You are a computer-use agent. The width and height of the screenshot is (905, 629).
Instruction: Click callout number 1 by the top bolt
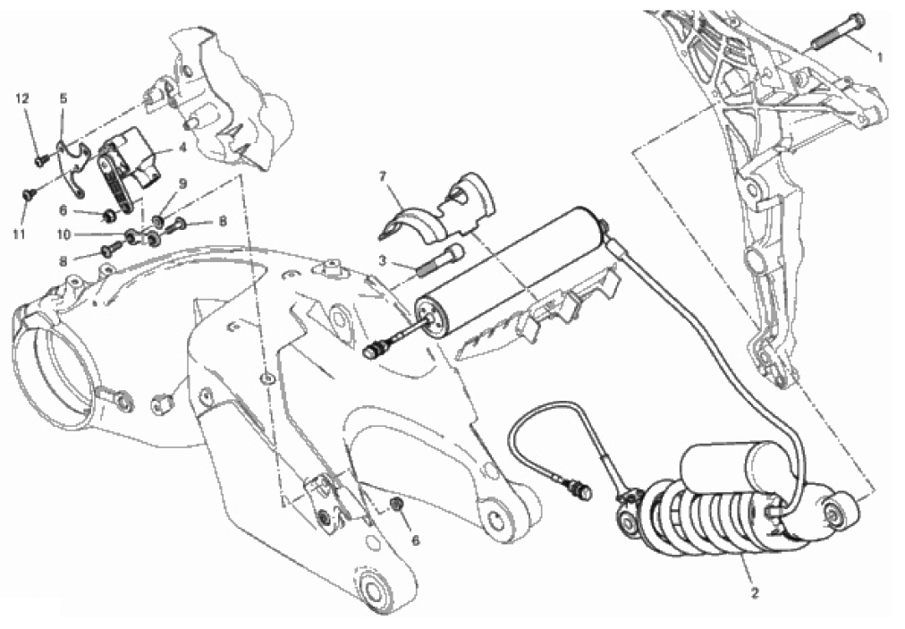(x=880, y=57)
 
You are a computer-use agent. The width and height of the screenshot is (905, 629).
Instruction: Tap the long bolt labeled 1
(x=839, y=31)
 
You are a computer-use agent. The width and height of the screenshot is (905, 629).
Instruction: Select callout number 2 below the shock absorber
(x=755, y=593)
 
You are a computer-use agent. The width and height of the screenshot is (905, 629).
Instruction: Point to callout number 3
(x=382, y=261)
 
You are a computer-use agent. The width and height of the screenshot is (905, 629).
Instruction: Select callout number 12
(x=22, y=98)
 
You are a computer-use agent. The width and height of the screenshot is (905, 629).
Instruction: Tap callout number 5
(x=63, y=98)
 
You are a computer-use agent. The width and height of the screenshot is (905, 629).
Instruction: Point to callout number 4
(x=182, y=148)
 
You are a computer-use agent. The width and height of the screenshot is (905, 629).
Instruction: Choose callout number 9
(x=182, y=184)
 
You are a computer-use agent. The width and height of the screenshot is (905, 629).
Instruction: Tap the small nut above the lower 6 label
(x=397, y=504)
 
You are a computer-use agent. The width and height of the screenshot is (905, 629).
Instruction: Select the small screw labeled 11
(x=30, y=194)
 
